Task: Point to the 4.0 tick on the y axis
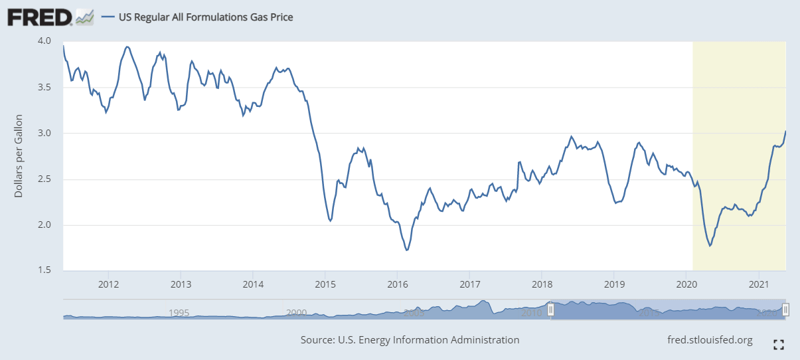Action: pyautogui.click(x=44, y=41)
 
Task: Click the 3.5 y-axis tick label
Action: pyautogui.click(x=44, y=87)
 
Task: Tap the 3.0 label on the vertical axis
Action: pyautogui.click(x=44, y=134)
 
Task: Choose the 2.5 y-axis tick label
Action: pyautogui.click(x=44, y=179)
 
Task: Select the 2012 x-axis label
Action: pyautogui.click(x=109, y=285)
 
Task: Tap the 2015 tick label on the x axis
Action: pyautogui.click(x=325, y=285)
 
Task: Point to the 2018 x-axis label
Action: pyautogui.click(x=542, y=285)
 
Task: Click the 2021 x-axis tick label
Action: pyautogui.click(x=758, y=285)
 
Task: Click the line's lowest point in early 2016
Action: pyautogui.click(x=406, y=250)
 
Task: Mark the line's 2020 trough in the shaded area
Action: pyautogui.click(x=710, y=246)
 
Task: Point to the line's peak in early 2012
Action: pyautogui.click(x=127, y=47)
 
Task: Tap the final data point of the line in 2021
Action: pyautogui.click(x=785, y=132)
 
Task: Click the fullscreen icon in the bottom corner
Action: pyautogui.click(x=779, y=344)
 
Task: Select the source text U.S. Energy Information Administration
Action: pyautogui.click(x=410, y=340)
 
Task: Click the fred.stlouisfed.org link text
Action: pyautogui.click(x=710, y=340)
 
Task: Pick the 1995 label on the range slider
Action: pyautogui.click(x=179, y=312)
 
